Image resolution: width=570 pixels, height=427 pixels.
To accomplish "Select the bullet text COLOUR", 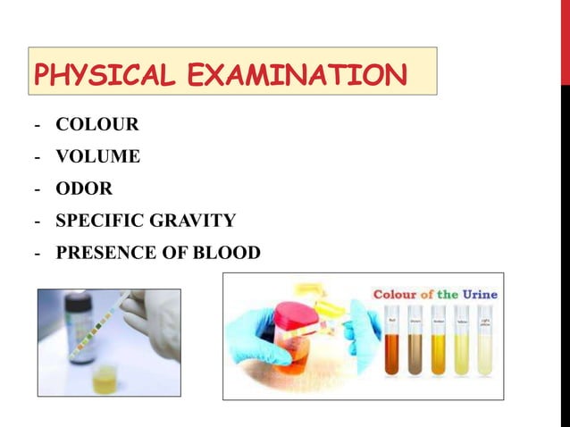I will pos(96,124).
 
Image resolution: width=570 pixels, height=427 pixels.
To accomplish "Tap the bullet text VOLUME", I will pos(97,156).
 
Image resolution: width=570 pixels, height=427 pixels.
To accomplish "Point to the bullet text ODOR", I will pos(84,188).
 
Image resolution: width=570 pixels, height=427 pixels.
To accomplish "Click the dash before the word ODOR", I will pos(38,188).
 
